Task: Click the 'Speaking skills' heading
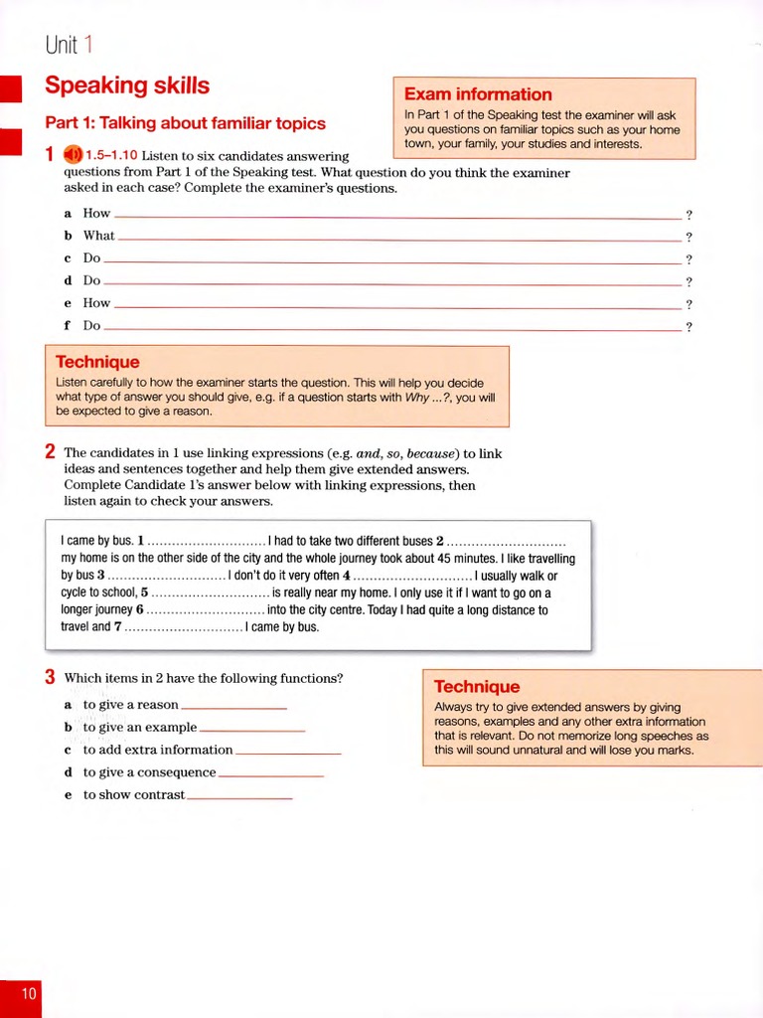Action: (x=127, y=86)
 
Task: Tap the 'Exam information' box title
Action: (x=478, y=94)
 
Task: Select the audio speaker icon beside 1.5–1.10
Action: (x=73, y=155)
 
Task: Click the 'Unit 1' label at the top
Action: (x=70, y=45)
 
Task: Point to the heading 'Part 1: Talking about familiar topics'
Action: (x=185, y=123)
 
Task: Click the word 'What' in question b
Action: (x=98, y=236)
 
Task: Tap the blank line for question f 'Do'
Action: (x=392, y=327)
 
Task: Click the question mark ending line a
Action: (x=688, y=215)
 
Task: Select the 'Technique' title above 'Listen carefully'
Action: (x=97, y=362)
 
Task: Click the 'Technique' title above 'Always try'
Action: (x=477, y=686)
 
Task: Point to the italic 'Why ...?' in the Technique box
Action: (x=427, y=397)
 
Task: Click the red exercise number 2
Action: (x=50, y=452)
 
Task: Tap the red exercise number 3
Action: (x=50, y=678)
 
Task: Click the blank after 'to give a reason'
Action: (x=233, y=706)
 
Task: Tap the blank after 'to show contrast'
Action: (x=239, y=796)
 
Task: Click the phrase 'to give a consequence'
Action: (x=149, y=772)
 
